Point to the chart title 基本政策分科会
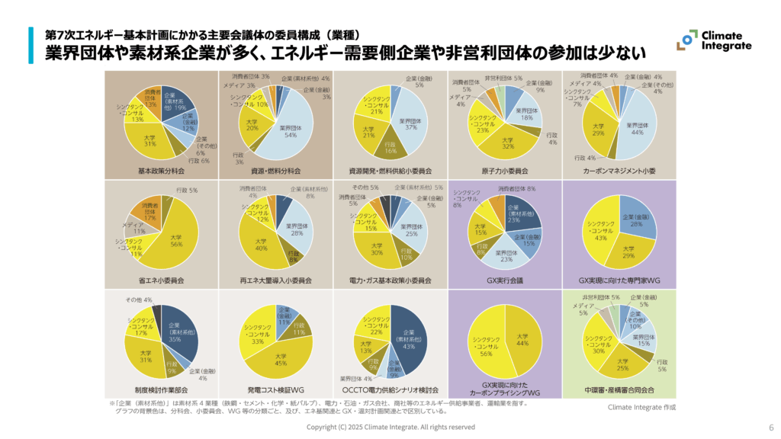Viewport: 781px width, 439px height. point(162,171)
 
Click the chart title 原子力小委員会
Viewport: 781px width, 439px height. point(504,171)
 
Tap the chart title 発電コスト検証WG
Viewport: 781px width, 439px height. point(276,389)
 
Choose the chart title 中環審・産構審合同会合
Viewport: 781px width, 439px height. point(619,389)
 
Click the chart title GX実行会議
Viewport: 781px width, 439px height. point(504,280)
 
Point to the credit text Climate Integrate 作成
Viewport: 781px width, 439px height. point(641,407)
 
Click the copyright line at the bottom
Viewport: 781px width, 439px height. point(390,428)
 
